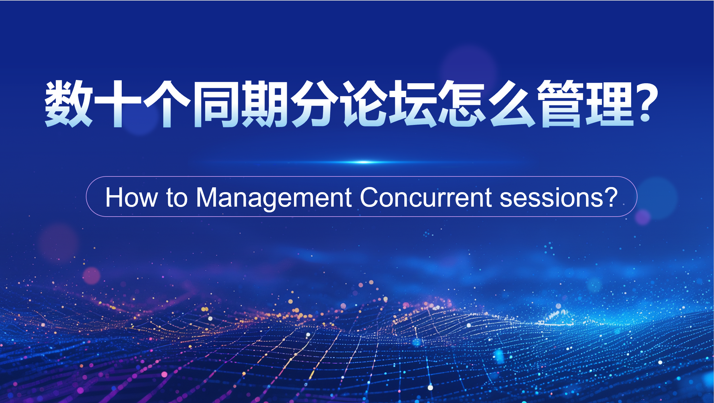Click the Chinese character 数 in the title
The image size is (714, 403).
click(x=69, y=104)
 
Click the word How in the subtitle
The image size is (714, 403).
click(x=131, y=198)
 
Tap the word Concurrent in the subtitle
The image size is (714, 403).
click(x=426, y=198)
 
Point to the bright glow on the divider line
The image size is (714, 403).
click(x=364, y=162)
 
